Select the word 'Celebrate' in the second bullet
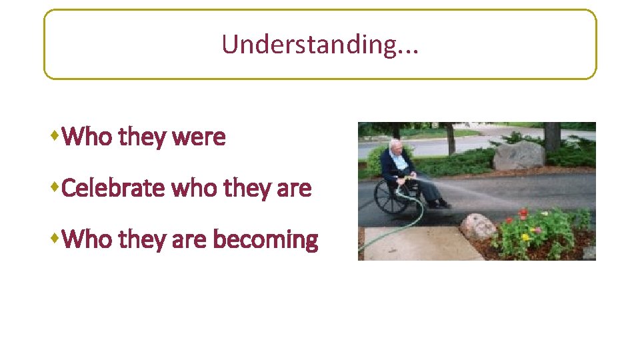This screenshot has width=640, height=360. coord(114,189)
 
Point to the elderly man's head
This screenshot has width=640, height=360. coord(396,146)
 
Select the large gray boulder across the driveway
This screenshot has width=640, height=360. coord(519,156)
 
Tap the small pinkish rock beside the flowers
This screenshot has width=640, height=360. coord(478,227)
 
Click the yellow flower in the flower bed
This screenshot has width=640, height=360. coord(525,237)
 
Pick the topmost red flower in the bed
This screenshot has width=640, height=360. coord(523,213)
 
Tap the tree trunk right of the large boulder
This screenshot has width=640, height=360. coord(552,137)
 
